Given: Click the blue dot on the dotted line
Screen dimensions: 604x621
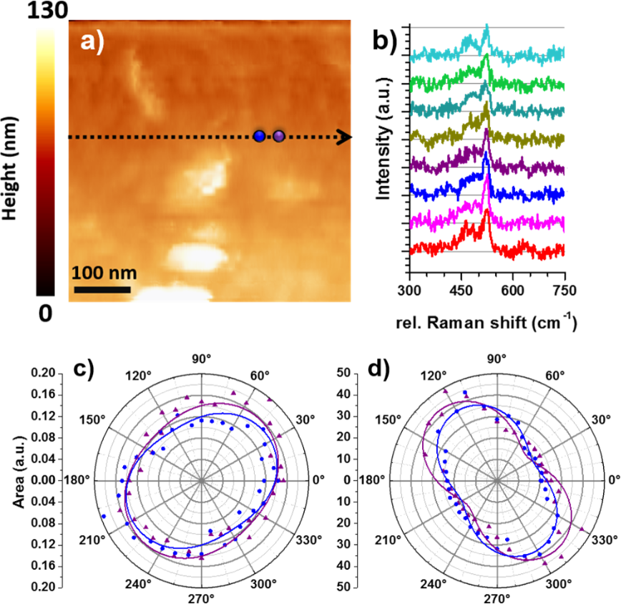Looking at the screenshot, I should (259, 136).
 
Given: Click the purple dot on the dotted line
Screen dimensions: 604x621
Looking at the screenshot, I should (279, 136).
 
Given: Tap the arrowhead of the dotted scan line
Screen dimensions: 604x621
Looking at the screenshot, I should (345, 137).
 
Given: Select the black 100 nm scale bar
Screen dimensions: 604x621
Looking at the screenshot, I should (102, 289).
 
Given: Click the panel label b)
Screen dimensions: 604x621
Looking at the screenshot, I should (387, 40).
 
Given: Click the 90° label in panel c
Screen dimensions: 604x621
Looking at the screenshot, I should (201, 359).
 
